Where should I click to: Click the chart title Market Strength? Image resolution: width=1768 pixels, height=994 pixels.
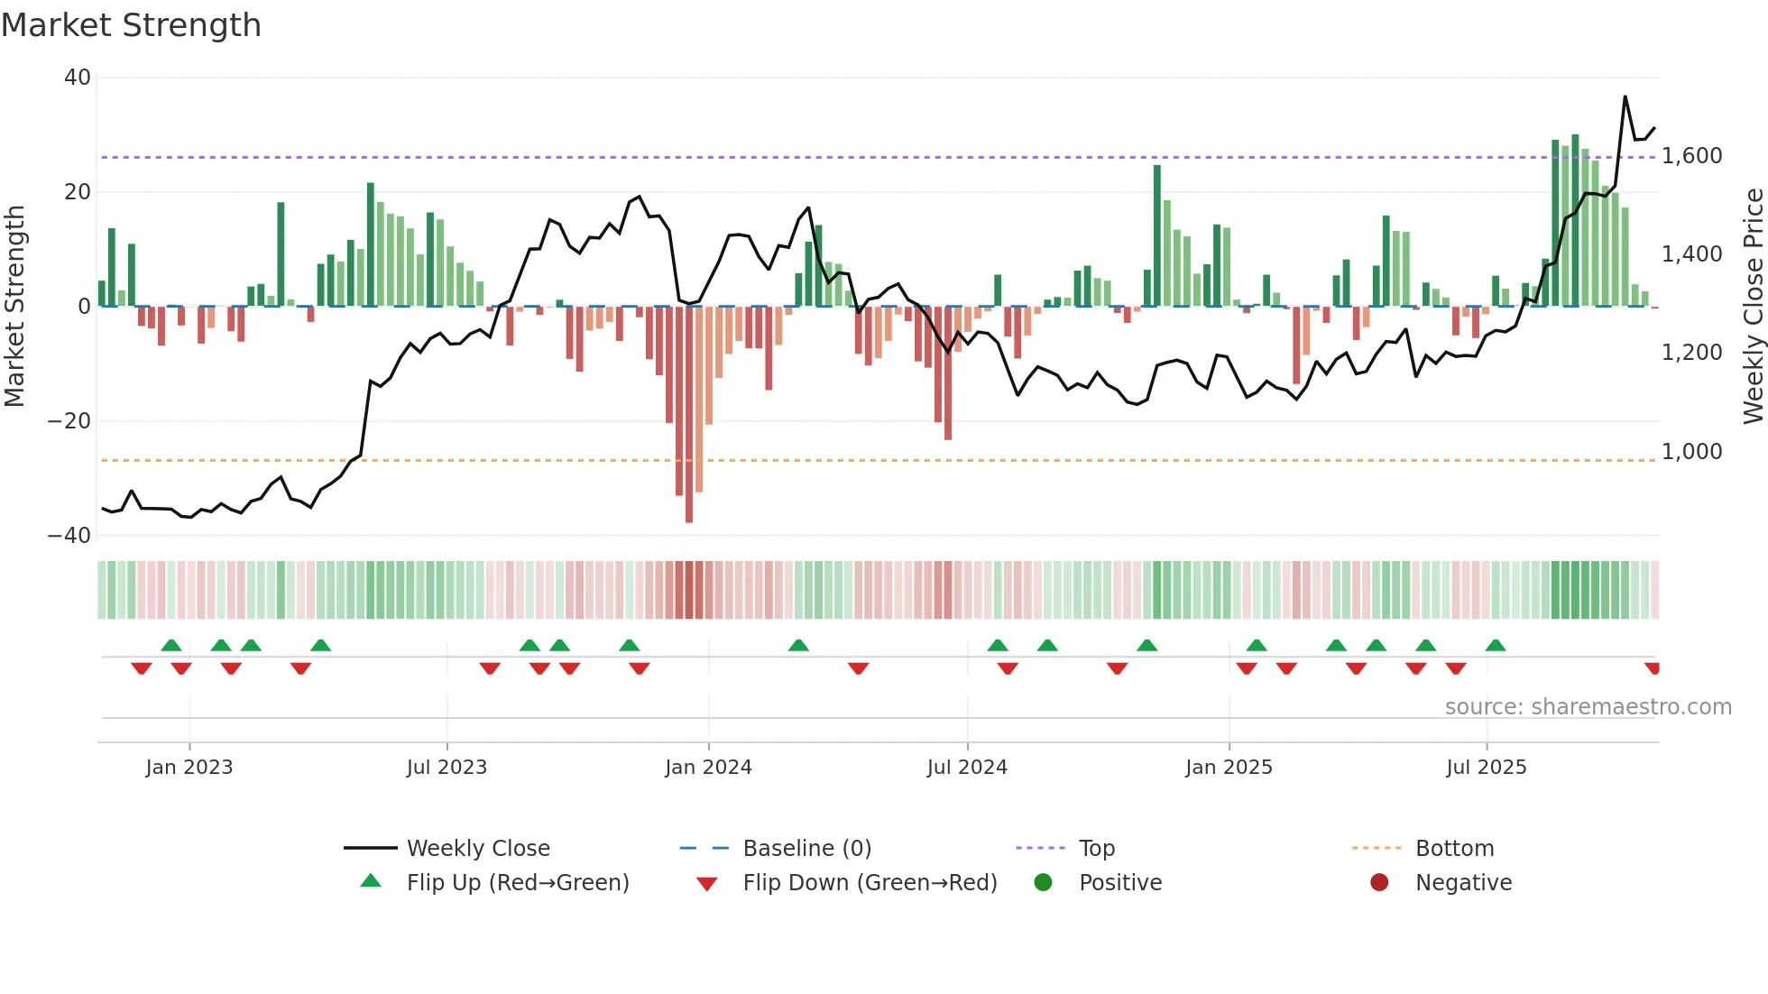coord(131,25)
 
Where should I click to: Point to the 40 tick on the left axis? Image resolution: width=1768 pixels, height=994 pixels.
coord(78,78)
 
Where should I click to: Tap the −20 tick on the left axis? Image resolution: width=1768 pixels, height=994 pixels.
coord(70,421)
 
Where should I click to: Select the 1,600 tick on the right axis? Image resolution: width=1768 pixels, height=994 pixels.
coord(1692,156)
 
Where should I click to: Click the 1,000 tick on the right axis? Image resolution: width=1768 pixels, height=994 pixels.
coord(1692,452)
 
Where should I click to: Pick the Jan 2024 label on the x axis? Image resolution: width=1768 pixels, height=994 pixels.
coord(708,768)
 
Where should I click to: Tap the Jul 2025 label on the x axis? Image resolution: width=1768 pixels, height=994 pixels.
coord(1486,768)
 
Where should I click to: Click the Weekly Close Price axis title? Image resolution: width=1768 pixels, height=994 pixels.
coord(1753,306)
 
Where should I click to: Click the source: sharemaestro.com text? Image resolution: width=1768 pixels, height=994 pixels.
coord(1588,707)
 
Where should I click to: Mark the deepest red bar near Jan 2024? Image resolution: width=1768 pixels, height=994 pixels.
coord(689,415)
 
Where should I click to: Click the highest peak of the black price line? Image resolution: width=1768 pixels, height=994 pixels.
coord(1625,97)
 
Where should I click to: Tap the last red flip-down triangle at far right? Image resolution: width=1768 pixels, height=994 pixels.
coord(1653,668)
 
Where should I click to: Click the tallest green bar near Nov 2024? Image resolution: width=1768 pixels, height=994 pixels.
coord(1157,235)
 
